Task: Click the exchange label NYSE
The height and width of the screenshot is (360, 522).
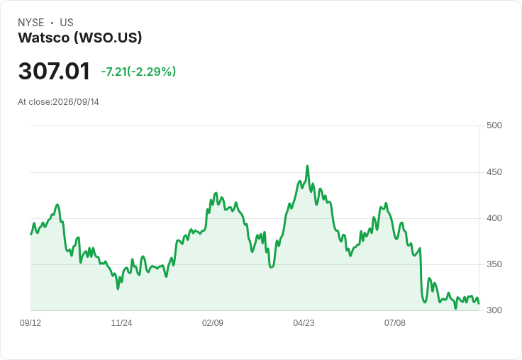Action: (x=31, y=23)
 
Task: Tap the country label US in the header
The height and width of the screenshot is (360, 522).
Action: (x=67, y=23)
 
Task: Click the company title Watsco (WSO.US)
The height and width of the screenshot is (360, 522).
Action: (x=80, y=38)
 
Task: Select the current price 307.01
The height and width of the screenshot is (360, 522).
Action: (x=54, y=71)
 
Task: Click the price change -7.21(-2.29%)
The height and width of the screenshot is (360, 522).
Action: (x=138, y=72)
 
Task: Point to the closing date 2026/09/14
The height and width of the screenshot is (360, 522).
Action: (x=76, y=102)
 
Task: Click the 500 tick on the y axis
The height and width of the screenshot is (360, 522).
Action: (x=494, y=125)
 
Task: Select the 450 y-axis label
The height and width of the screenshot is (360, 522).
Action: (x=494, y=172)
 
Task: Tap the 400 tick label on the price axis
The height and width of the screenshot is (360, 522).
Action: (x=494, y=218)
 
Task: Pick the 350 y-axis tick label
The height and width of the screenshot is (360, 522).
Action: (x=494, y=264)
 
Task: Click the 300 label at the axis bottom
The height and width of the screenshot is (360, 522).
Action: (x=494, y=310)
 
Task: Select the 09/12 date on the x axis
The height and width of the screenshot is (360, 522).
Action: (x=30, y=322)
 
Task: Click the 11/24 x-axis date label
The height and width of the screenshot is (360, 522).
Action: (x=121, y=322)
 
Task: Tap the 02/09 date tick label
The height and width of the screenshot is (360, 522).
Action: (x=213, y=322)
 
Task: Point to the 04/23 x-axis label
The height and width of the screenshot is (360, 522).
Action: (x=304, y=322)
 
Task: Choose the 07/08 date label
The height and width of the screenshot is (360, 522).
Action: (x=395, y=322)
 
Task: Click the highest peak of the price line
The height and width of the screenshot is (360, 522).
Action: (x=307, y=166)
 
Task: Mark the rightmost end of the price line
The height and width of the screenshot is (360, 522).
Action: (x=479, y=303)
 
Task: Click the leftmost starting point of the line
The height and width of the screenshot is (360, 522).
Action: (x=31, y=235)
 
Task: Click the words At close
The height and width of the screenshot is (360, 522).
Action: (x=34, y=102)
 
